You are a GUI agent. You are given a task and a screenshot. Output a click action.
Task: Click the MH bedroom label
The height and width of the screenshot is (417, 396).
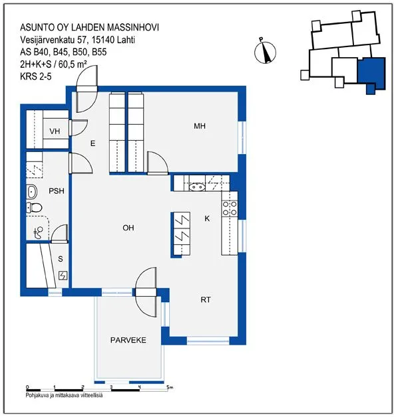[200, 125]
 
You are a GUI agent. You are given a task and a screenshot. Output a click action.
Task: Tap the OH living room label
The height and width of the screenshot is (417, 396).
[128, 228]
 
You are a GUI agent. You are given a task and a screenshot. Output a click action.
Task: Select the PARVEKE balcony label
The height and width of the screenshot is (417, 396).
[128, 340]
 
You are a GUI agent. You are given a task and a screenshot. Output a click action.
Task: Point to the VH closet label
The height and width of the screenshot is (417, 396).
[55, 131]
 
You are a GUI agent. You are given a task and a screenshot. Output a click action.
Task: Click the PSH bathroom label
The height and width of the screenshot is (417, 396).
[57, 191]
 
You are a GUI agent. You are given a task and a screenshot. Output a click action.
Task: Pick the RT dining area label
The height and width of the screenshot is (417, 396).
[206, 299]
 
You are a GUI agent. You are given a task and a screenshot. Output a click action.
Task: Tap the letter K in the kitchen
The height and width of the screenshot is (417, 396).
[207, 218]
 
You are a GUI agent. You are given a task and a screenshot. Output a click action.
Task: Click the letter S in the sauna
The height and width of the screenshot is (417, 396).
[61, 259]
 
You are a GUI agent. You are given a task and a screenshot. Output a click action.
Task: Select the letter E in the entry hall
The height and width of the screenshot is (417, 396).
[93, 143]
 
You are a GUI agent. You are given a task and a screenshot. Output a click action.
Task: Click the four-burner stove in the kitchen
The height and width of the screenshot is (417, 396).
[230, 208]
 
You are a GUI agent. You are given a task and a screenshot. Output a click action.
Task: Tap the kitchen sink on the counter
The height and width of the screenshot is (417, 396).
[197, 187]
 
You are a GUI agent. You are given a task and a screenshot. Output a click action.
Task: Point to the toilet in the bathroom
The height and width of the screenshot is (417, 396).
[34, 207]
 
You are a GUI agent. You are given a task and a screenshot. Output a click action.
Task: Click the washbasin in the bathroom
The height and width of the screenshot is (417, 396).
[32, 192]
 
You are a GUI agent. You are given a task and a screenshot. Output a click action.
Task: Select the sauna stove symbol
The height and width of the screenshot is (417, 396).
[63, 276]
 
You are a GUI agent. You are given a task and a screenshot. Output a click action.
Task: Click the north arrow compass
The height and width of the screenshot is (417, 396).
[265, 52]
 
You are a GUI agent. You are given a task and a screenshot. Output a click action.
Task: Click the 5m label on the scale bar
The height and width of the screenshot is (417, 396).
[170, 387]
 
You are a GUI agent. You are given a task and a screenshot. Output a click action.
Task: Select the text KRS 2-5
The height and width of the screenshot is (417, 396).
[36, 76]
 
